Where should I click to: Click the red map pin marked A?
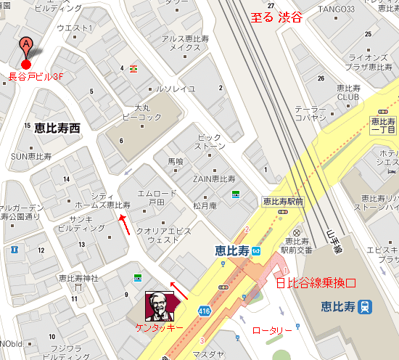[27, 48]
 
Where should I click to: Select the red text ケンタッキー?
[160, 328]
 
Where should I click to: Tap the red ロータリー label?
[272, 330]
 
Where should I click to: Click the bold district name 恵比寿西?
[57, 128]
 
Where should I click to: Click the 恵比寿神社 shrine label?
[78, 279]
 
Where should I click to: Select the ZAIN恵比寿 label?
[214, 178]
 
